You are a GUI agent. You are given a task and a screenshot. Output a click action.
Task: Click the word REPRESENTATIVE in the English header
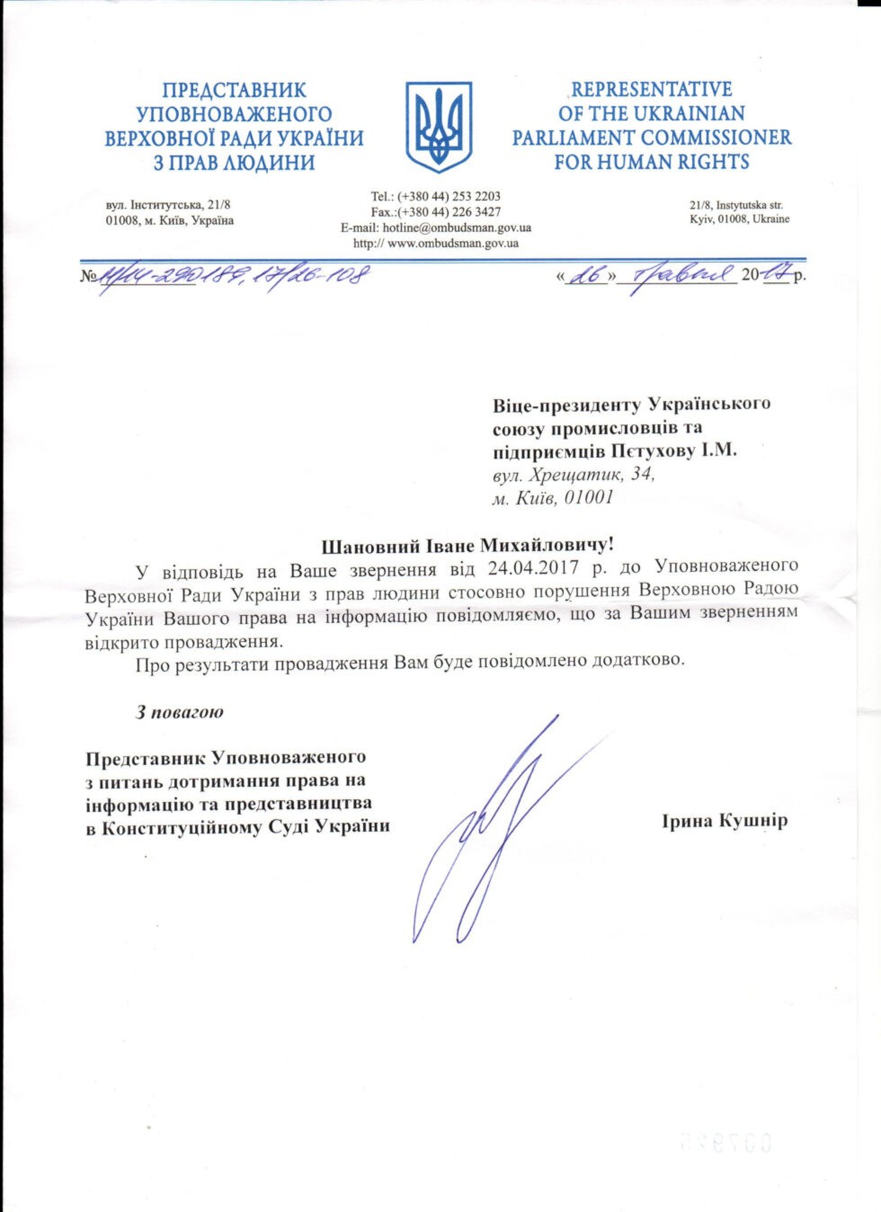point(652,90)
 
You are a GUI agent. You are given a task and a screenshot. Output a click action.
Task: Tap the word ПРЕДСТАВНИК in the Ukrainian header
point(235,91)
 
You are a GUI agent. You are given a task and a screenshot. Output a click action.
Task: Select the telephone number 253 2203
point(476,196)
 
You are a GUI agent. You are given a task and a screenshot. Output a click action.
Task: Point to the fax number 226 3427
point(476,212)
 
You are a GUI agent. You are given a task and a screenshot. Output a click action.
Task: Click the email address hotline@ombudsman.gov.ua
point(457,228)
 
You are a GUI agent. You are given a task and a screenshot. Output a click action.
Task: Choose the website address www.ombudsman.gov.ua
point(453,244)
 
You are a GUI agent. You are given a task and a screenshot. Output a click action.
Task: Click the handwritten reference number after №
point(234,275)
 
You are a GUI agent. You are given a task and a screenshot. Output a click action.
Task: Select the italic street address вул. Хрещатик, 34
point(574,475)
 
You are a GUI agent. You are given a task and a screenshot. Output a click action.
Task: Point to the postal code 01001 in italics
point(588,498)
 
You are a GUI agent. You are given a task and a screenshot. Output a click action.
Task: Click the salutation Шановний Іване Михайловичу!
point(467,546)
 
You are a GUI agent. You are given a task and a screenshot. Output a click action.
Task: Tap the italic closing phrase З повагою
point(180,712)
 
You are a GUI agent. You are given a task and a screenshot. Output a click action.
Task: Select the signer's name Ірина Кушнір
point(725,821)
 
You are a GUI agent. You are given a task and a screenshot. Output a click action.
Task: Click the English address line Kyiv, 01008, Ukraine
point(740,219)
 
